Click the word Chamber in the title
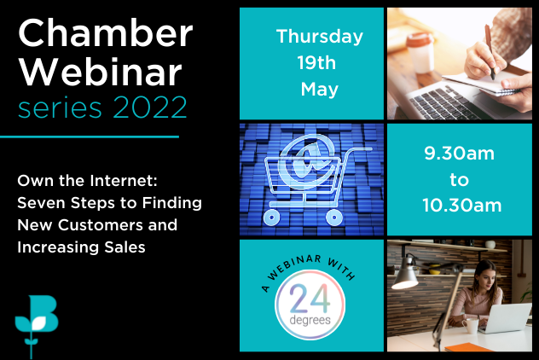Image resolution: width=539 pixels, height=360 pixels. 106,32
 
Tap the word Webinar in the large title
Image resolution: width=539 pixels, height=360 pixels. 100,72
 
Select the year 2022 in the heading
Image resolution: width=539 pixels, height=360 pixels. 150,107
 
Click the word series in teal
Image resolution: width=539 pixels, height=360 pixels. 60,107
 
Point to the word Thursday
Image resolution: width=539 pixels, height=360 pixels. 319,37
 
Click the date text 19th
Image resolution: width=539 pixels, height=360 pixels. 316,63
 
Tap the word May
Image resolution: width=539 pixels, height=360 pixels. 319,90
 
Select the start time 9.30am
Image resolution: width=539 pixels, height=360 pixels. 459,154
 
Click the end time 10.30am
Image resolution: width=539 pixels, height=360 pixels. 462,206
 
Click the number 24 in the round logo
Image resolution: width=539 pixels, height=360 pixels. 310,299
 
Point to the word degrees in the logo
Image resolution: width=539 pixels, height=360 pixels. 310,321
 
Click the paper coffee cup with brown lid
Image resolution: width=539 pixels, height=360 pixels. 420,53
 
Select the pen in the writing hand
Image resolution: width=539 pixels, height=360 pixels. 490,52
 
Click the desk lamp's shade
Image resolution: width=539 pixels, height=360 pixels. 406,276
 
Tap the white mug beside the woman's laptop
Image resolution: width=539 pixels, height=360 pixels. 470,327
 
